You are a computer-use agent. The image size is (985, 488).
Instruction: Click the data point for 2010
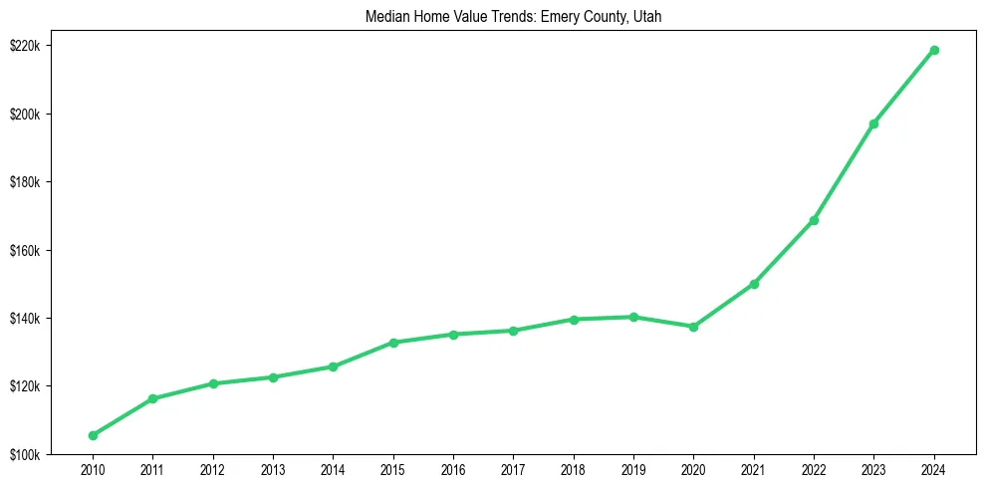93,435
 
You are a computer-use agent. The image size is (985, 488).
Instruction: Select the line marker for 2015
393,343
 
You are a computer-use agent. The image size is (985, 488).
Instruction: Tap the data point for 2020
693,327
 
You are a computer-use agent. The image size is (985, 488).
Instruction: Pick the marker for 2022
814,220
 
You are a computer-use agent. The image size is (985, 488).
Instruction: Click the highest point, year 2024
934,50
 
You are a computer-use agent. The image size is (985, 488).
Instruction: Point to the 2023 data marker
873,123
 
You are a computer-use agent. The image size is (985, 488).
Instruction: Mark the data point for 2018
574,320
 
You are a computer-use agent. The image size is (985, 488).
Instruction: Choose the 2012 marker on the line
213,383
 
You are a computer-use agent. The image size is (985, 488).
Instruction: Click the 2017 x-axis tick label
513,468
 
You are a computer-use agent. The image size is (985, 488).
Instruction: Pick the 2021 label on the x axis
754,468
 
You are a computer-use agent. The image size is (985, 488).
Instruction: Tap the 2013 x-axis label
273,468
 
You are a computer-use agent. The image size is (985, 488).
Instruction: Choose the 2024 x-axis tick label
934,468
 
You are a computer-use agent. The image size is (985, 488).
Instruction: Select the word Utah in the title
646,16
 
